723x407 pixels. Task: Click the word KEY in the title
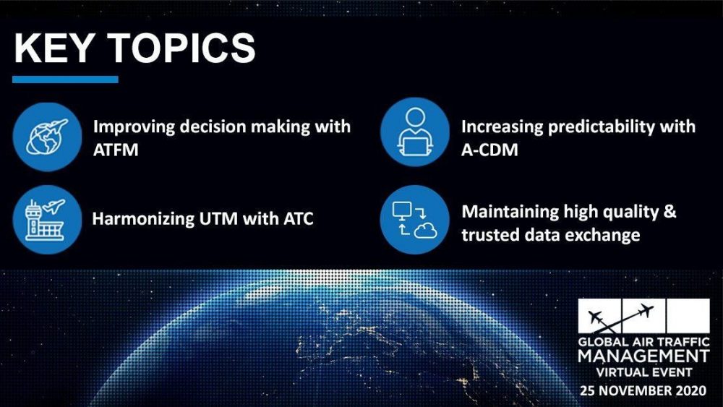(54, 48)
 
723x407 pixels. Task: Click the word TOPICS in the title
(181, 48)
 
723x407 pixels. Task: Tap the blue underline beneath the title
(65, 80)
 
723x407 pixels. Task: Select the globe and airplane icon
(47, 137)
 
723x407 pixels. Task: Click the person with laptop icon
(414, 132)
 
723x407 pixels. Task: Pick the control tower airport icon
(47, 219)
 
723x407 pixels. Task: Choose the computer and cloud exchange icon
(414, 219)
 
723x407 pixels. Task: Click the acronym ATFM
(116, 150)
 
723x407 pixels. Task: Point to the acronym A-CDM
(489, 150)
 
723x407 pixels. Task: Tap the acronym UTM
(218, 218)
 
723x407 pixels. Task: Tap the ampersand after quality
(670, 212)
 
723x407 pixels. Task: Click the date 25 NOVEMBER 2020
(643, 391)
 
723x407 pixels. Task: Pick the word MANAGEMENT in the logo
(643, 356)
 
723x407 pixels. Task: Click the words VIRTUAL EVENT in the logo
(644, 372)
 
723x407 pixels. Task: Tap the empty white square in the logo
(688, 315)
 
